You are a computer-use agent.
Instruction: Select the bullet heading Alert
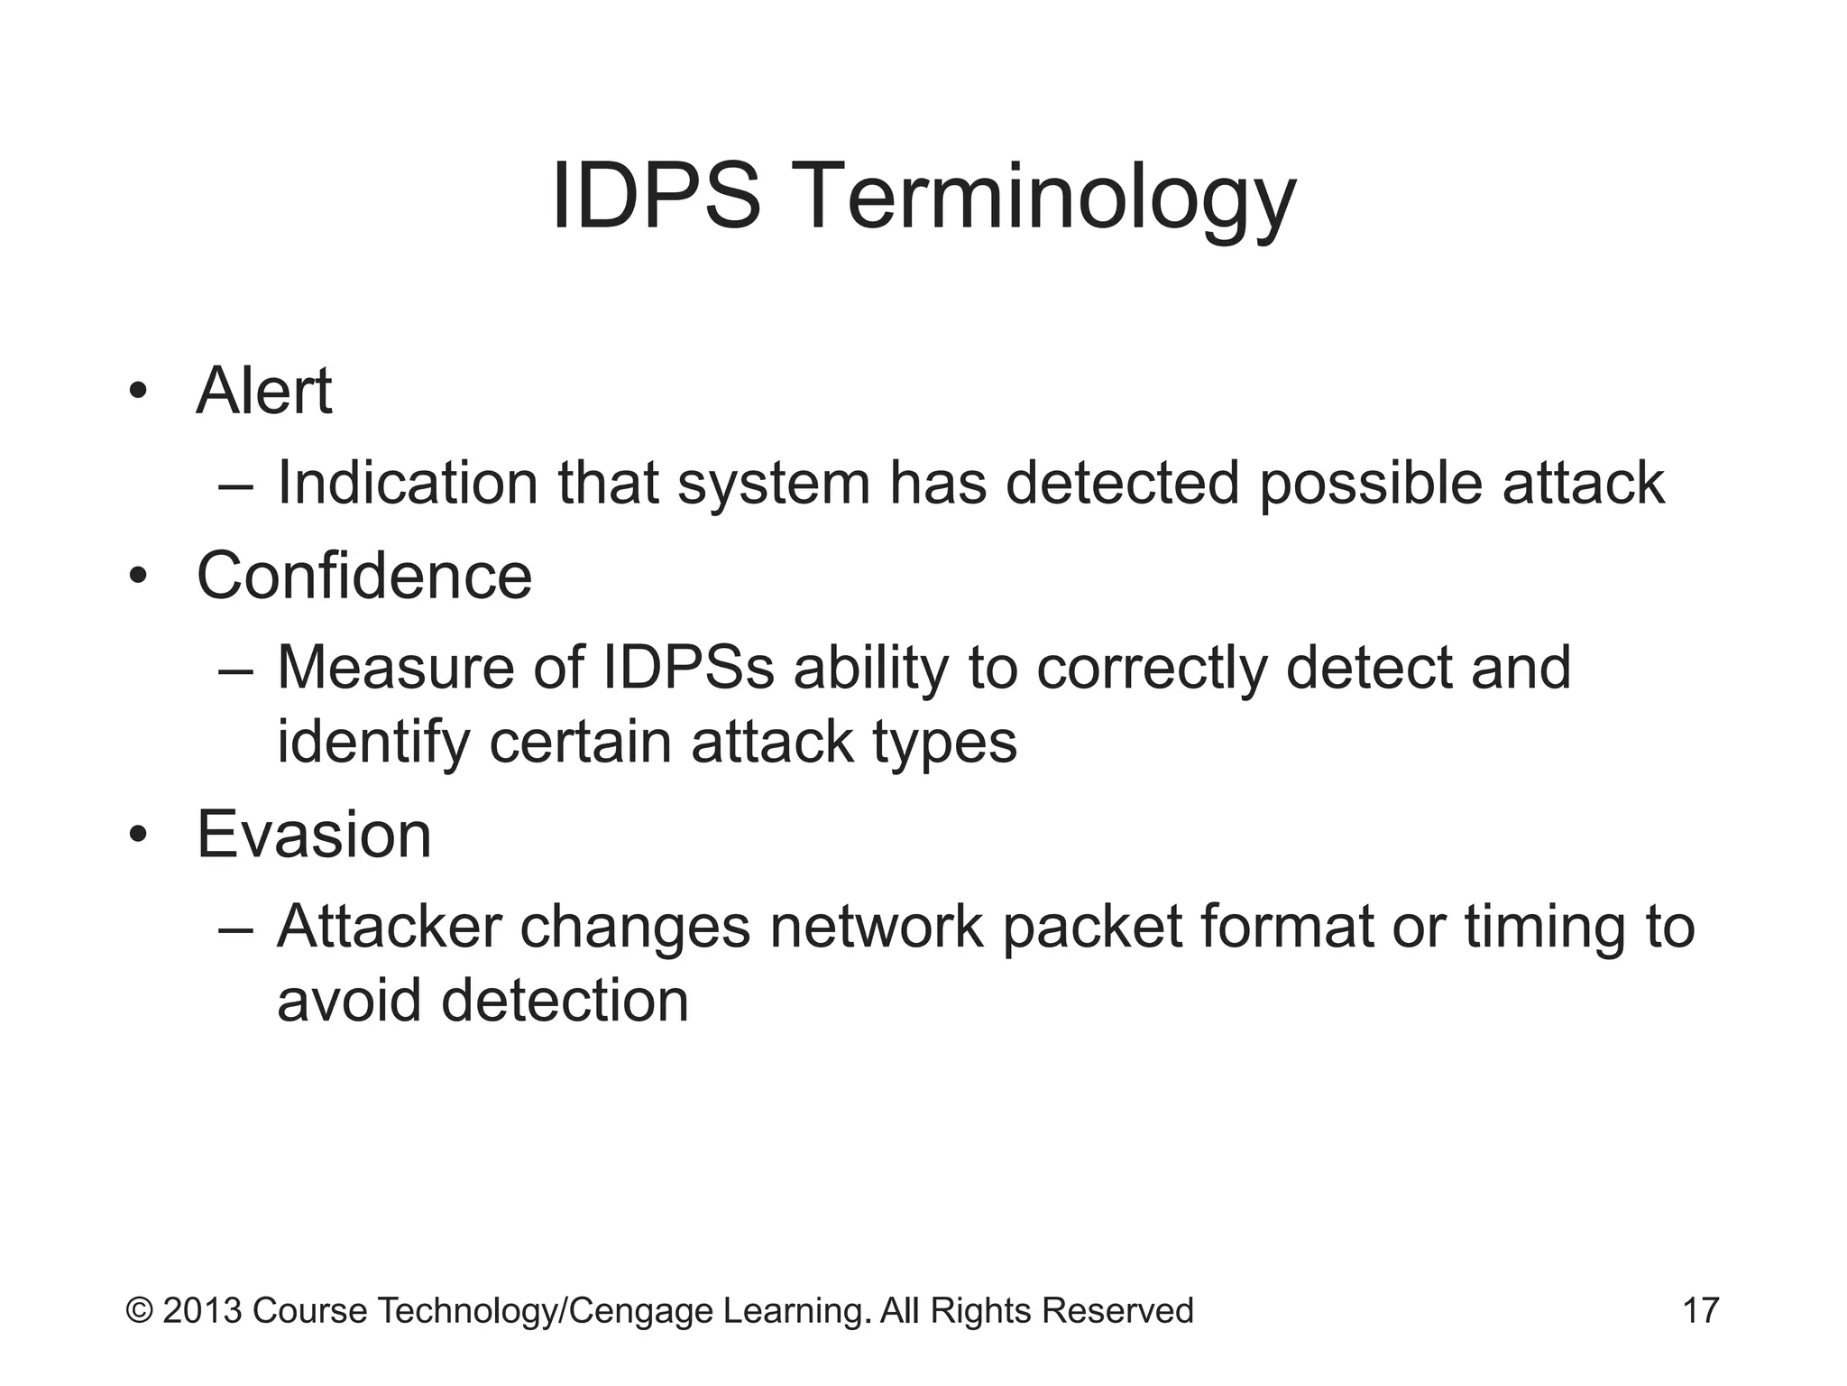263,391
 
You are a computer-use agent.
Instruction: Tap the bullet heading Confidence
364,576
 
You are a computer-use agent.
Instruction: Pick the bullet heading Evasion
314,835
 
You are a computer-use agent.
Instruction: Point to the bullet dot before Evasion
137,836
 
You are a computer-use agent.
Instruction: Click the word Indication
408,483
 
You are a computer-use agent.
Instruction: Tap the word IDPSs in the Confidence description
688,668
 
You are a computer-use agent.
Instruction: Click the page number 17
1701,1310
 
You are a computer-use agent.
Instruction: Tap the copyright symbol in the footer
139,1310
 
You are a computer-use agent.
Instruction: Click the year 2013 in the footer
202,1310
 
